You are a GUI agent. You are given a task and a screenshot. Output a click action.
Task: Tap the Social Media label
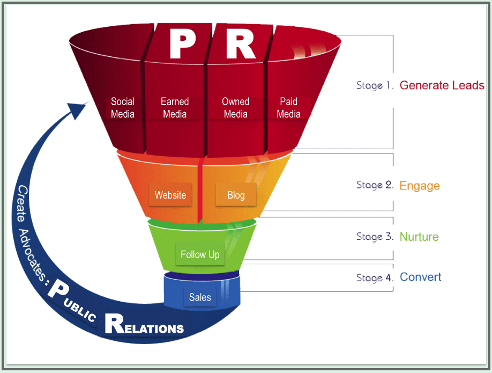click(123, 108)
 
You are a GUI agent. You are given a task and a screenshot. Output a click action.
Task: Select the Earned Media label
click(175, 108)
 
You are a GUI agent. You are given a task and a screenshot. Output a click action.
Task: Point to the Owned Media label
click(236, 108)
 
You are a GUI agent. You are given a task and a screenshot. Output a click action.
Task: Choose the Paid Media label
click(288, 108)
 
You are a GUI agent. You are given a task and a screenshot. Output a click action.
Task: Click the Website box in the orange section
click(170, 195)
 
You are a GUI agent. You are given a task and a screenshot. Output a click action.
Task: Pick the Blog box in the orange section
click(236, 195)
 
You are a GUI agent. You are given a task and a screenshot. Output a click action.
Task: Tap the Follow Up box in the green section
click(200, 254)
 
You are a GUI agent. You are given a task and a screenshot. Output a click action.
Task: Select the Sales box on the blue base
click(200, 297)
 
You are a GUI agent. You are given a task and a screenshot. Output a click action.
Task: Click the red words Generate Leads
click(442, 85)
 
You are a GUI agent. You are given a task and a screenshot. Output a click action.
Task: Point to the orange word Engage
click(420, 186)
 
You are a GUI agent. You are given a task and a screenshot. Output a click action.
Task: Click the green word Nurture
click(419, 237)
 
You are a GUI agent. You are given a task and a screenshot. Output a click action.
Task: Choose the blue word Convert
click(421, 277)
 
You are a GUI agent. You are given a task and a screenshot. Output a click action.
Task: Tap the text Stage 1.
click(375, 85)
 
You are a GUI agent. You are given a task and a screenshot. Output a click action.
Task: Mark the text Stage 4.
click(375, 278)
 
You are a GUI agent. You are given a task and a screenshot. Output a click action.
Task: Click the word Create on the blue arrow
click(23, 204)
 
